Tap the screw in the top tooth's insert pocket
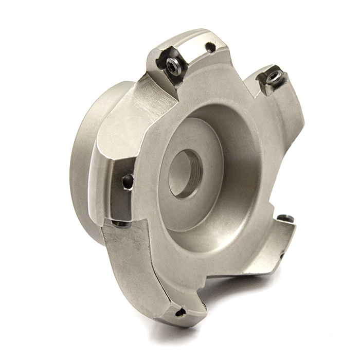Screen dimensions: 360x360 coord(173,65)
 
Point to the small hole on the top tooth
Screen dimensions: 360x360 coord(210,47)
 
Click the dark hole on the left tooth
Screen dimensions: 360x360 coord(127,181)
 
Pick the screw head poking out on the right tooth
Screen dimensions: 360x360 coord(286,219)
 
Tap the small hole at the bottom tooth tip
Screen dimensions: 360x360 coord(180,312)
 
